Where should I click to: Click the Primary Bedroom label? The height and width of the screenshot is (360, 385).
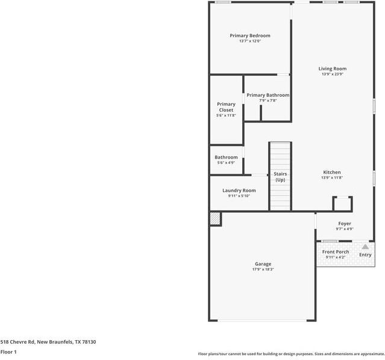tap(250, 35)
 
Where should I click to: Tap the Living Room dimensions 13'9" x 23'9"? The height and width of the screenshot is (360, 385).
tap(333, 75)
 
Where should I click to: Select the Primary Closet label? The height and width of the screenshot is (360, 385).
tap(226, 107)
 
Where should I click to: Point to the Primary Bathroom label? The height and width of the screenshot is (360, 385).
tap(268, 95)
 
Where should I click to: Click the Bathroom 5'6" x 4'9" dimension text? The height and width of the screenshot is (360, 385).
tap(226, 163)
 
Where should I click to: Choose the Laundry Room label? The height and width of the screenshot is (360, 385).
tap(239, 191)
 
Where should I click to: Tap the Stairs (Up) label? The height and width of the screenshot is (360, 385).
tap(280, 177)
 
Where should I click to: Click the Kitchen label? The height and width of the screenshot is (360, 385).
tap(331, 172)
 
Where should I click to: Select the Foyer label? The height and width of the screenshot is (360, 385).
tap(345, 224)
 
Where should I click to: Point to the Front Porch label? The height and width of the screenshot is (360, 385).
tap(335, 252)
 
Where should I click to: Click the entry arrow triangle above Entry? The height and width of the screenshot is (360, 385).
tap(365, 246)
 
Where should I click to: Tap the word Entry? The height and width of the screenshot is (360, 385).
tap(365, 255)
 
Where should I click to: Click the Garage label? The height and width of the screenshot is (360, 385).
tap(263, 264)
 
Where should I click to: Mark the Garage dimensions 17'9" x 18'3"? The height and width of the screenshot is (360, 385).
tap(263, 270)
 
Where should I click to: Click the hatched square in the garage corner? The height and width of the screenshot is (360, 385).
tap(215, 219)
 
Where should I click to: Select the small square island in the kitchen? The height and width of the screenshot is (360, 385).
tap(342, 203)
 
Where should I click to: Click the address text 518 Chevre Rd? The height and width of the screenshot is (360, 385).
tap(48, 341)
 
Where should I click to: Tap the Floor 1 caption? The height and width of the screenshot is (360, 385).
tap(8, 352)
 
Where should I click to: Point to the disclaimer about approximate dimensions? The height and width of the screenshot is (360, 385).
tap(290, 354)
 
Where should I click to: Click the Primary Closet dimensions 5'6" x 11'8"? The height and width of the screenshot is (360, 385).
tap(226, 115)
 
